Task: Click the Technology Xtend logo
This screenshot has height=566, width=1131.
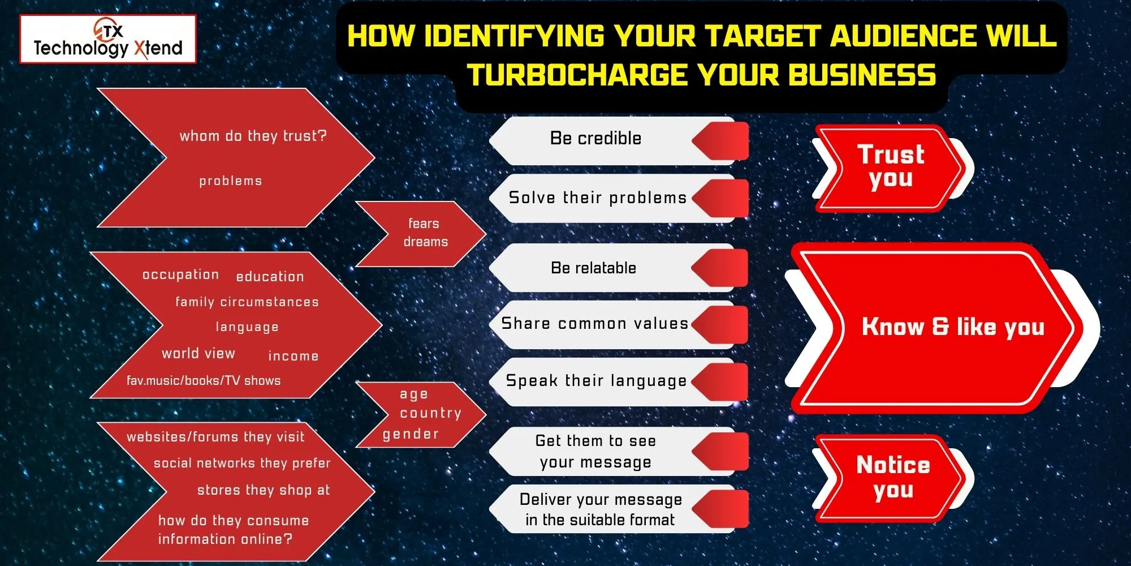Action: click(x=108, y=40)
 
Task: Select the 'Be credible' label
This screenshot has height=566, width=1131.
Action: click(x=595, y=139)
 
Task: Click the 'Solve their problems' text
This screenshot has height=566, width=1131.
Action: click(x=597, y=198)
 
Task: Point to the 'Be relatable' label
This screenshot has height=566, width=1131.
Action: click(x=593, y=268)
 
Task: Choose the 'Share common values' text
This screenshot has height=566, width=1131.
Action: click(x=594, y=324)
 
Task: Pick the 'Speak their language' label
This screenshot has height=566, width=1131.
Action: click(x=596, y=381)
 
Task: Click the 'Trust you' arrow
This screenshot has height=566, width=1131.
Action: click(x=890, y=167)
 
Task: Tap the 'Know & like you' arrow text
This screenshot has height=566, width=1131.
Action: click(x=952, y=327)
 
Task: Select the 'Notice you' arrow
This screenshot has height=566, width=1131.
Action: click(x=892, y=478)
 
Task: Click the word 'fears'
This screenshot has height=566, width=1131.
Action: click(x=424, y=224)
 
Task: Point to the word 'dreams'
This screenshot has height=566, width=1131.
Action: click(x=425, y=242)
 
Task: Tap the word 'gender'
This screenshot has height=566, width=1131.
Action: click(x=411, y=434)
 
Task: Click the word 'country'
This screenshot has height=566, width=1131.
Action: click(x=430, y=413)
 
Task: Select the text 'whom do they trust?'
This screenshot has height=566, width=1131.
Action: click(x=253, y=136)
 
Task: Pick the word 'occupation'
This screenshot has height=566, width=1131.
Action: click(x=180, y=275)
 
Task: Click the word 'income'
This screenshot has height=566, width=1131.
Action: click(x=293, y=356)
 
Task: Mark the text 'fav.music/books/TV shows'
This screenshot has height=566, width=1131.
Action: click(x=204, y=380)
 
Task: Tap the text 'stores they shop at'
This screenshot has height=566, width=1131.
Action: click(x=263, y=490)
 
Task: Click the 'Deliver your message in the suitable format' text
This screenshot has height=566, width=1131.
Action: click(x=600, y=509)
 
